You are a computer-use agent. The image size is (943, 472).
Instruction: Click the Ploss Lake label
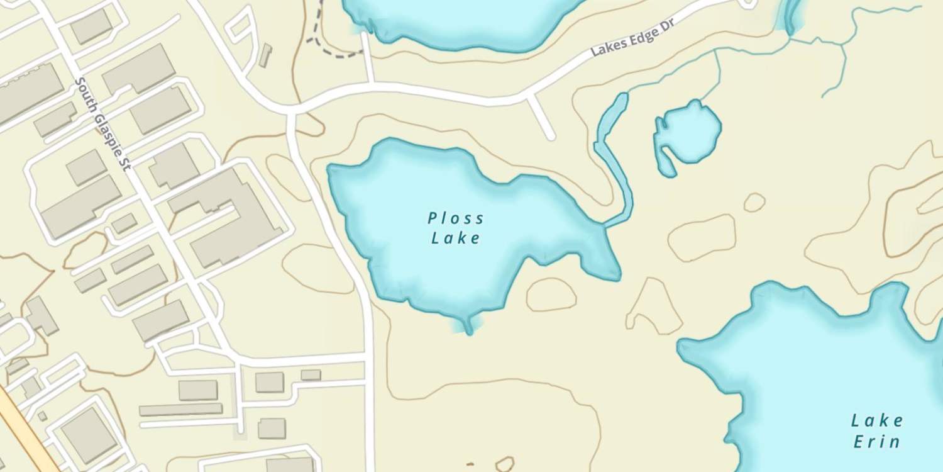[456, 228]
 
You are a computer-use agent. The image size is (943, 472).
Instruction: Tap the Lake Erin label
[877, 430]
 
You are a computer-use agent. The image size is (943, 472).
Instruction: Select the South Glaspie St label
[102, 123]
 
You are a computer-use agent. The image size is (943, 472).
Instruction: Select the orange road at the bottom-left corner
[25, 434]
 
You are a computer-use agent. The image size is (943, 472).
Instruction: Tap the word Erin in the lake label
[877, 441]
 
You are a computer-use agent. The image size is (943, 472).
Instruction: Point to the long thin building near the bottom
[180, 410]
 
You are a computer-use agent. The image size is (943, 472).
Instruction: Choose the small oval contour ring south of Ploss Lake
[551, 295]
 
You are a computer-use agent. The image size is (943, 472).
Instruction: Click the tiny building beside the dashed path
[265, 55]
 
